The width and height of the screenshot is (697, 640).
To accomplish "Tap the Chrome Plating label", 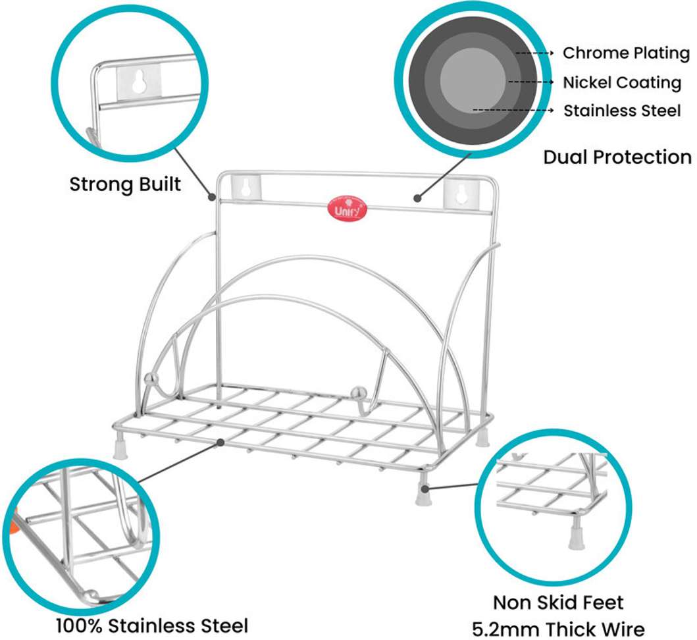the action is coord(626,53).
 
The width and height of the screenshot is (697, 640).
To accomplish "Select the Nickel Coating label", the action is coord(622,83).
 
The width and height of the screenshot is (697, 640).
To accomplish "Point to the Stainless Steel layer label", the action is coord(622,111).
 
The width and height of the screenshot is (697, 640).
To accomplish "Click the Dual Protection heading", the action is coord(617,157).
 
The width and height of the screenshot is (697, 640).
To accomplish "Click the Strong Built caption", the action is coord(125,184).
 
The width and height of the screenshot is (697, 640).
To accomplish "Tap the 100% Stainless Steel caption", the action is coord(152,626).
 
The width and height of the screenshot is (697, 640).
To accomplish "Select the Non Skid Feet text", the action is coord(558,602).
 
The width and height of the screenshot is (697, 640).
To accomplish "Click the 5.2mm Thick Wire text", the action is coord(558,629).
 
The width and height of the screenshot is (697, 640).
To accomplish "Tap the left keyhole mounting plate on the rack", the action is coord(245,188).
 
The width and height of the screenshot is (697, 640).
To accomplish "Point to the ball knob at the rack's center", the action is coord(359,394).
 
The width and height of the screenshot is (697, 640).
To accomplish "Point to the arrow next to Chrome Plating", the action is coord(534,53).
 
